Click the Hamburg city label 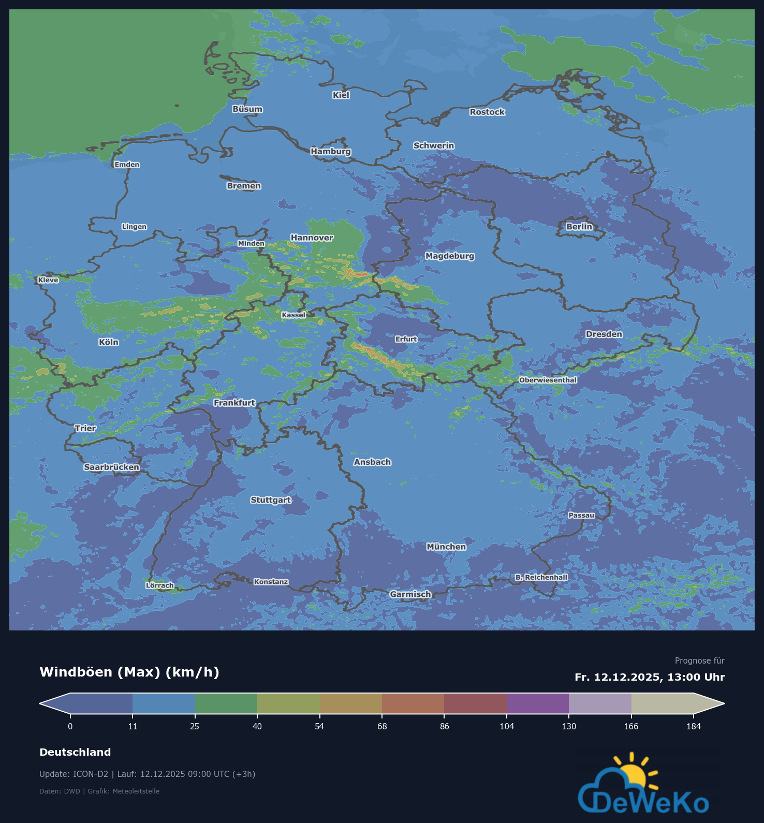[x=331, y=151]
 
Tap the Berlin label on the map [x=579, y=227]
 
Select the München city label [x=446, y=547]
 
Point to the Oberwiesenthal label [x=548, y=380]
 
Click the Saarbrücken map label [x=112, y=467]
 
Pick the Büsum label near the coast [x=247, y=109]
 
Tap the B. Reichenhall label [x=541, y=577]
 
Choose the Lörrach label [x=160, y=585]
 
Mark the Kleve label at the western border [x=48, y=280]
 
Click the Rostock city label [x=487, y=112]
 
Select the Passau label [x=581, y=515]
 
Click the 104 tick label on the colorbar [x=507, y=726]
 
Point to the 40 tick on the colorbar [x=257, y=726]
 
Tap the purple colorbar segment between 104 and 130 [x=538, y=703]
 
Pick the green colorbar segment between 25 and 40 [x=226, y=703]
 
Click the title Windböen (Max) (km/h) [x=129, y=672]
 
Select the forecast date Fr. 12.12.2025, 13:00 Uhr [x=650, y=677]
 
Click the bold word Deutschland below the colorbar [x=75, y=752]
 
